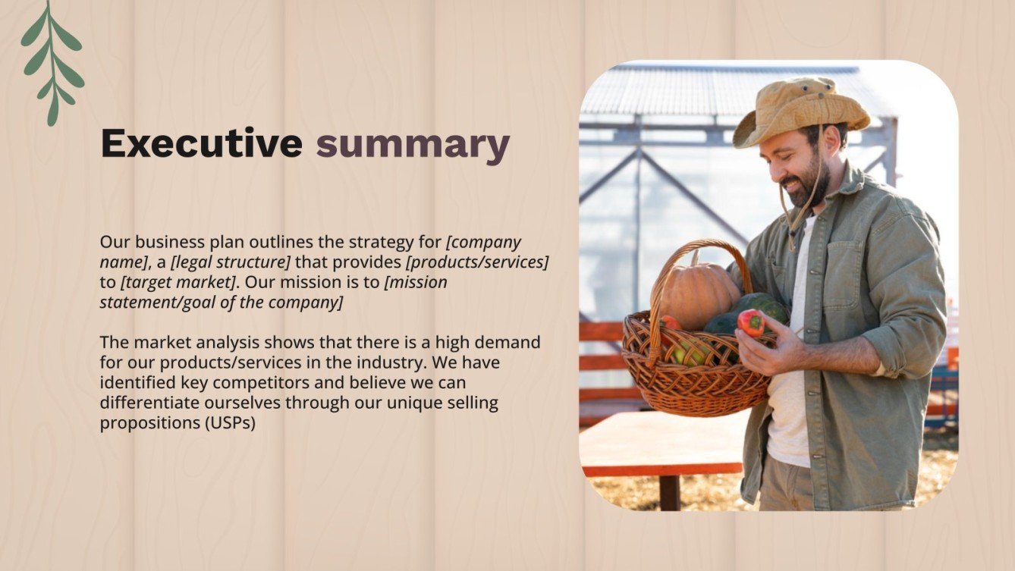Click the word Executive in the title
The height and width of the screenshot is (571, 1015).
point(201,143)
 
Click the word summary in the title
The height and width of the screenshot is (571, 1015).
point(412,145)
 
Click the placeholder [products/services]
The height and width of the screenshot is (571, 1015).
point(477,262)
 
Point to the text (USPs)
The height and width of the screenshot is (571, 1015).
point(230,423)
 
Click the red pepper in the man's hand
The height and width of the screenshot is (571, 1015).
point(751,322)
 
